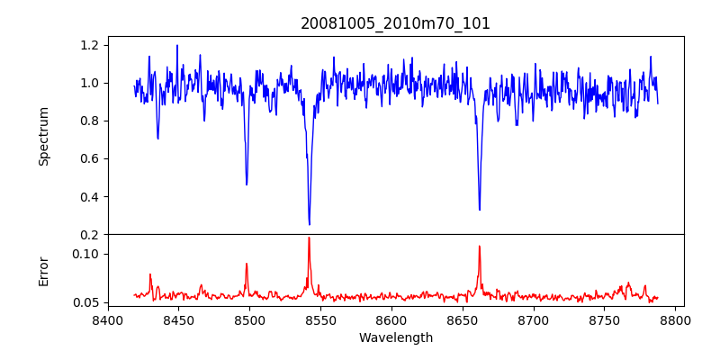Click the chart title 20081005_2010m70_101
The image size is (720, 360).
pos(395,23)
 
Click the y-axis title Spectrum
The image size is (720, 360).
pos(43,136)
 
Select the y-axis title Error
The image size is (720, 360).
pos(43,270)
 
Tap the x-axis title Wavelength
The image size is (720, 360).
pos(395,338)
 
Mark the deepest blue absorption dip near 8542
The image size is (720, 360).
pos(309,224)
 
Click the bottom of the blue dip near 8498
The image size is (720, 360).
pos(247,184)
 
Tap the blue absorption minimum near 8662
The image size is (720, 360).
pos(480,210)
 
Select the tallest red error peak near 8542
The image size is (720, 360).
pos(309,238)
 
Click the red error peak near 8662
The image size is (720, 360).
pos(480,246)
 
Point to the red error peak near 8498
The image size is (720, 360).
pos(247,264)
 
